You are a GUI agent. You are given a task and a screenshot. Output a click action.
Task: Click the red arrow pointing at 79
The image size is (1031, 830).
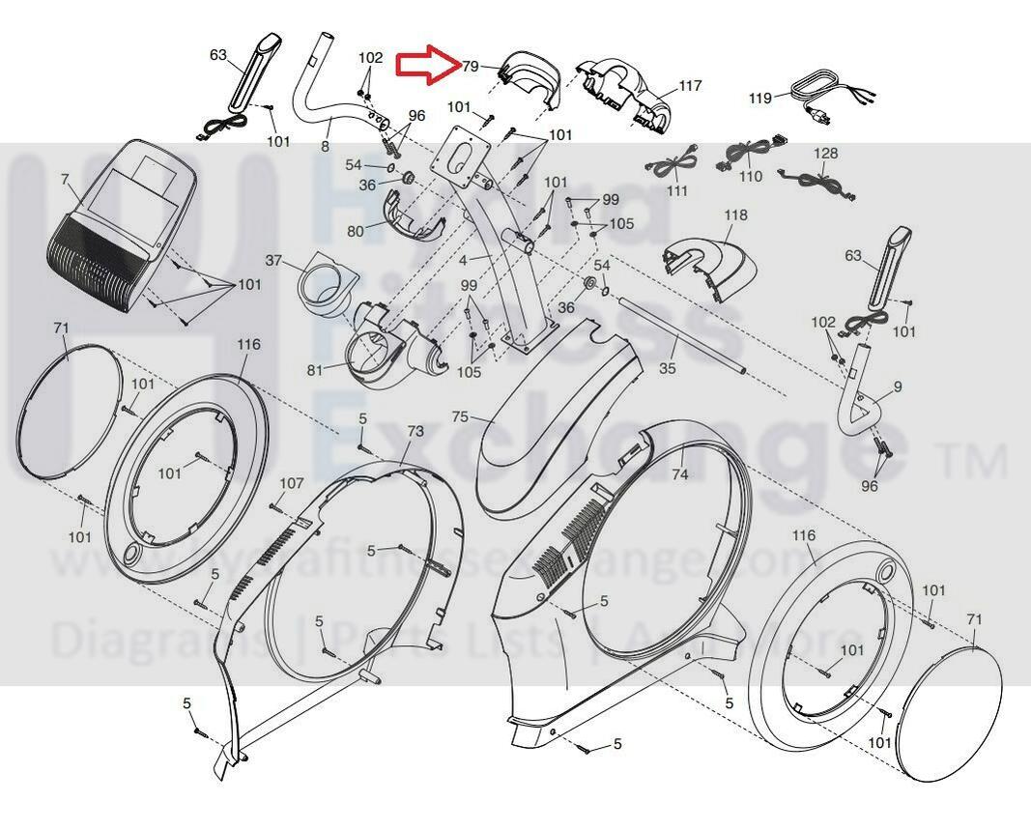(x=426, y=65)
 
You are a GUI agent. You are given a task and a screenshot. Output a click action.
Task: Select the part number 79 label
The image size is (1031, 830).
(x=471, y=67)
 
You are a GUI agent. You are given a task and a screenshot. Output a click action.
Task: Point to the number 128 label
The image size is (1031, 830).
(x=825, y=154)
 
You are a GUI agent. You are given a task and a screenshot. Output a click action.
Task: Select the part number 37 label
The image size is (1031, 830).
(x=273, y=261)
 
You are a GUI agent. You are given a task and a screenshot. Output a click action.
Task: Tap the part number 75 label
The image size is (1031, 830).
(x=460, y=416)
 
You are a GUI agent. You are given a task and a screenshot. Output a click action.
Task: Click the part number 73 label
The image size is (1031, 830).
(x=415, y=431)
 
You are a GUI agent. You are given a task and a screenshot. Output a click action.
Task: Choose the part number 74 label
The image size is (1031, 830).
(x=679, y=474)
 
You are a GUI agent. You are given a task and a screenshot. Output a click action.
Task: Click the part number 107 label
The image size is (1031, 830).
(x=291, y=483)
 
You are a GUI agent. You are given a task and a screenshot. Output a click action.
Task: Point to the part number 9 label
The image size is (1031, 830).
(x=898, y=386)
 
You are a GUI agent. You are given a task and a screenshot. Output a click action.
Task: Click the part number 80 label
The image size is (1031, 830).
(x=356, y=232)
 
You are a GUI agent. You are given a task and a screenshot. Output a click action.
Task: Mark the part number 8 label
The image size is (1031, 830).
(x=325, y=146)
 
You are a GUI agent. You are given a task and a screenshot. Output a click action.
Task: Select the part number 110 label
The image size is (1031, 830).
(x=750, y=177)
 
